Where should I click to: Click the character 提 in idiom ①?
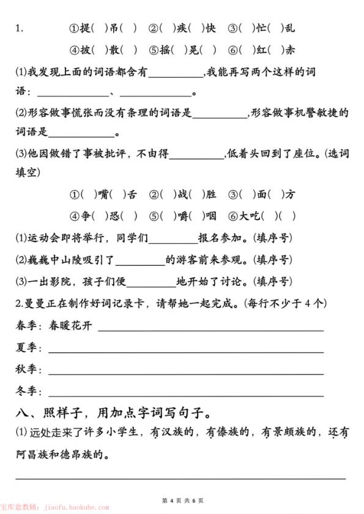(x=86, y=28)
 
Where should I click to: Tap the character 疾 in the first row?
(x=181, y=28)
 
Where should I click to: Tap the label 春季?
(x=26, y=326)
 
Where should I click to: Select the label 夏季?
(x=26, y=348)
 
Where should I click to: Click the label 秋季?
(x=26, y=370)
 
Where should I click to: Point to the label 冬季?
(x=26, y=391)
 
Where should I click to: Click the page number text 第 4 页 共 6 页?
(x=182, y=500)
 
